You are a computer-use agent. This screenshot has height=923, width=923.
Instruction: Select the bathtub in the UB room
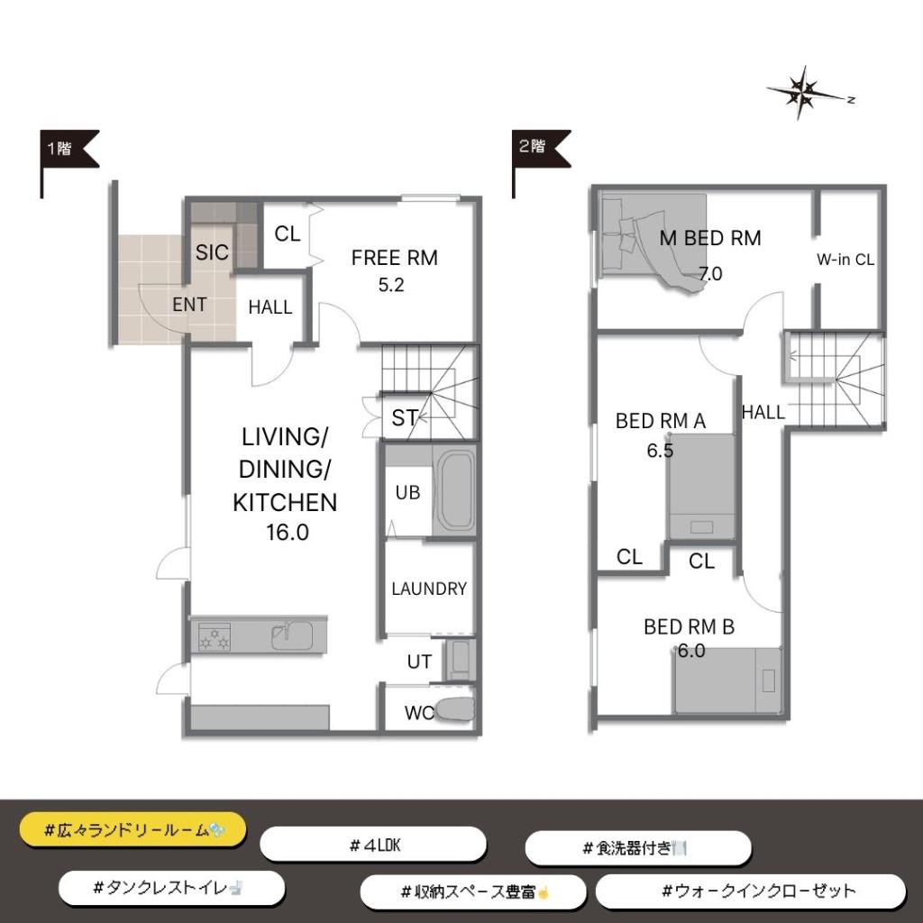tap(454, 491)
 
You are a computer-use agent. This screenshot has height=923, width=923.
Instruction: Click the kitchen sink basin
tap(291, 635)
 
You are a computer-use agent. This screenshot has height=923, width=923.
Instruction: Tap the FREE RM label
tap(395, 258)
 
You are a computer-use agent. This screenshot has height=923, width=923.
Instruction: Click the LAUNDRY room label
tap(428, 589)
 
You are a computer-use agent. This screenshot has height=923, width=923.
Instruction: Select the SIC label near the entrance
tap(212, 252)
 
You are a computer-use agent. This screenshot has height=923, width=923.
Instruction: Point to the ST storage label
tap(405, 418)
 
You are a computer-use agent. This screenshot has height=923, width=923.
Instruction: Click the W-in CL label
tap(845, 260)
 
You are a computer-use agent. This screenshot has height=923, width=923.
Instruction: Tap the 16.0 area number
tap(288, 532)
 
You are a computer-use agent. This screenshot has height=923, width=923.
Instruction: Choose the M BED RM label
tap(710, 238)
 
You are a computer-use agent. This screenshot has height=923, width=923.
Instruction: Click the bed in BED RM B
tap(728, 681)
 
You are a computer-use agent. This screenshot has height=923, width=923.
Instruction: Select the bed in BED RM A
tap(701, 487)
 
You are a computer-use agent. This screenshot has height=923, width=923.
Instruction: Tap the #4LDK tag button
tap(373, 845)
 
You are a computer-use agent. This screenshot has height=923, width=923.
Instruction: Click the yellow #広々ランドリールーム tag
tap(133, 830)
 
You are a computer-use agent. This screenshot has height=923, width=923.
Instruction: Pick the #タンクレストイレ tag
tap(171, 888)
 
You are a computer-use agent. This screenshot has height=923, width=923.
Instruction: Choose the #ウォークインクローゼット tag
tap(751, 891)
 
